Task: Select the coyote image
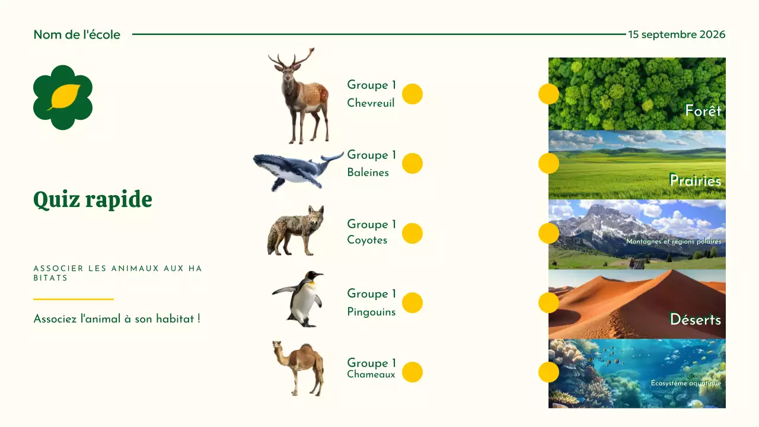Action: (x=296, y=231)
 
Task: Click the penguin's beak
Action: (x=318, y=275)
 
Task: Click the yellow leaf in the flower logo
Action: (x=64, y=96)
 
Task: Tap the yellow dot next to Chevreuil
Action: (x=412, y=94)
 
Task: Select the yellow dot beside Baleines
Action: (x=412, y=164)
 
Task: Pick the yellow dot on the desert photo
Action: (x=548, y=303)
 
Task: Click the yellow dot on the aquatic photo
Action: (x=548, y=372)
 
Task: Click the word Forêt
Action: (x=703, y=111)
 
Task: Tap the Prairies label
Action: (x=695, y=180)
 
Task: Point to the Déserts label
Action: (x=695, y=320)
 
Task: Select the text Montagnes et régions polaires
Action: (x=673, y=242)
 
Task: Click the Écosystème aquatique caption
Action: (x=685, y=383)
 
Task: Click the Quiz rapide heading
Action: (x=93, y=200)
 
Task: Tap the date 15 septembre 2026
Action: (x=677, y=34)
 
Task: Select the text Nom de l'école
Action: (x=76, y=34)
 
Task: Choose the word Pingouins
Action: (x=371, y=312)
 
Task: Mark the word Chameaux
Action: (x=371, y=374)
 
